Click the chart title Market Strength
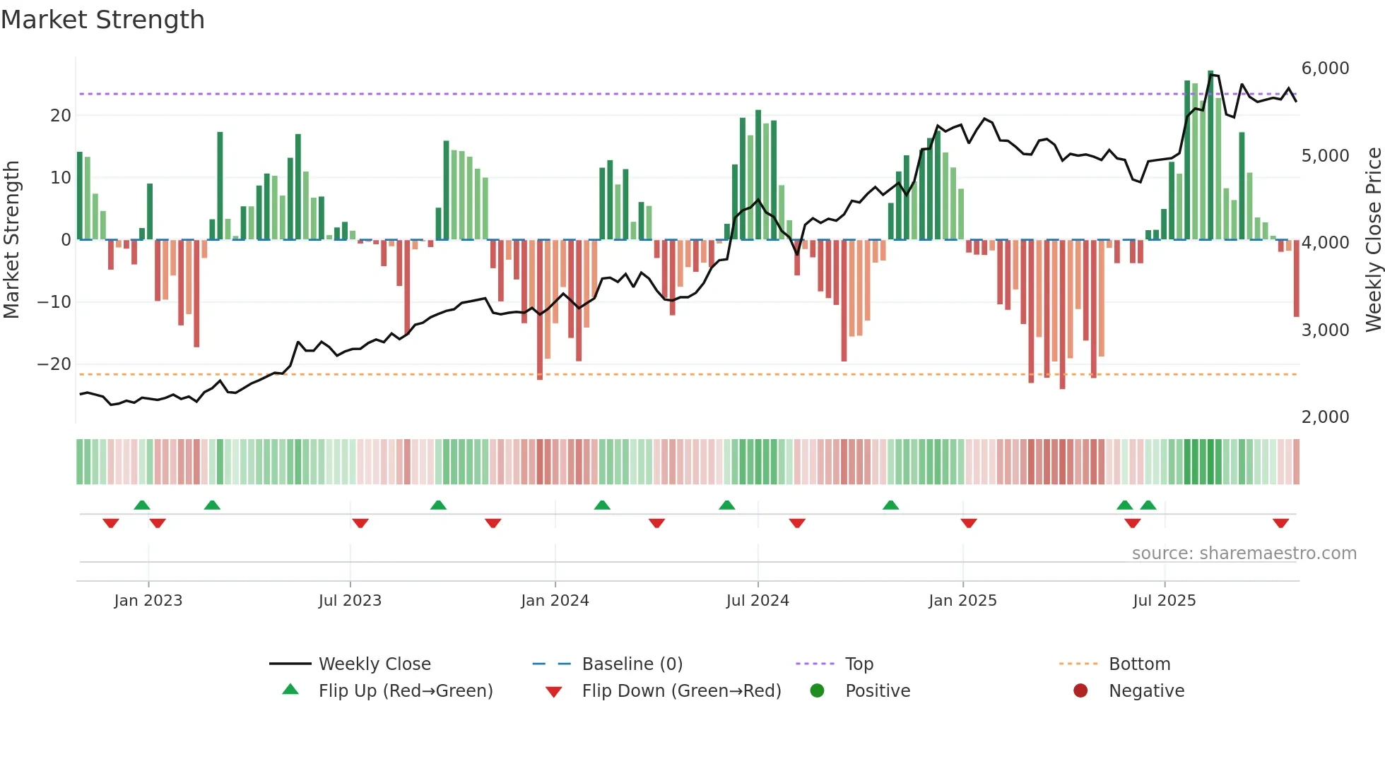click(x=102, y=20)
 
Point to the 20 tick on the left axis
click(x=61, y=116)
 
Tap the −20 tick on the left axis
click(x=54, y=364)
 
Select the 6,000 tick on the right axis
click(x=1325, y=68)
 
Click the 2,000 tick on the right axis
click(x=1325, y=417)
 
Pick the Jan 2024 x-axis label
click(x=555, y=601)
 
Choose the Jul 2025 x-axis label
click(x=1164, y=601)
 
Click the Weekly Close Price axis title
click(x=1373, y=240)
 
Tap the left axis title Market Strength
click(x=11, y=240)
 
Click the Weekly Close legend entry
click(x=374, y=664)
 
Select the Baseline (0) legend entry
click(x=632, y=664)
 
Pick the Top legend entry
click(x=859, y=664)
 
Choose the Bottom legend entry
click(x=1139, y=664)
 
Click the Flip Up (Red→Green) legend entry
click(x=405, y=691)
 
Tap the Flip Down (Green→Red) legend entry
click(x=681, y=691)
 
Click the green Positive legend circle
click(x=818, y=691)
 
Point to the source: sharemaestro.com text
click(x=1244, y=553)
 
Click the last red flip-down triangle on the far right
click(x=1280, y=523)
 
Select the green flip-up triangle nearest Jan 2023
click(x=142, y=505)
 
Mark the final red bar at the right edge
click(x=1296, y=278)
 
